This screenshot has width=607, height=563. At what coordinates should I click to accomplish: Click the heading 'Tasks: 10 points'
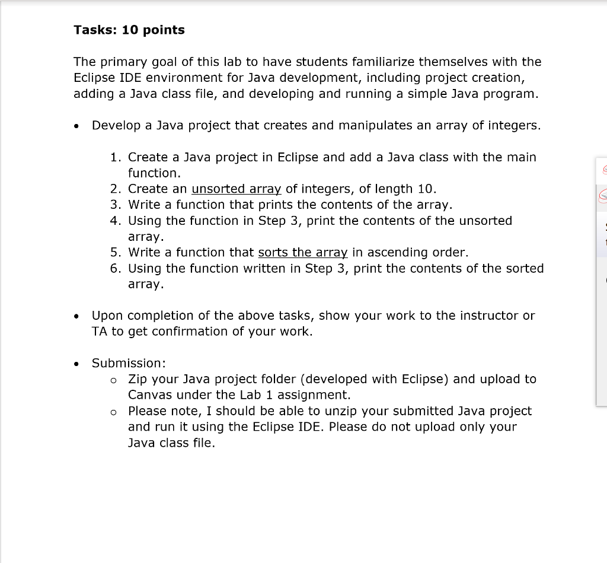click(x=129, y=30)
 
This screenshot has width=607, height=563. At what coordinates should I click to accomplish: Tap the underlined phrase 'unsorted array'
click(x=237, y=189)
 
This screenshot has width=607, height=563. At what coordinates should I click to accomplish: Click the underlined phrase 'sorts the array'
click(x=303, y=253)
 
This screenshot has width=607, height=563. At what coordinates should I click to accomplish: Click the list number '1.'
click(x=117, y=158)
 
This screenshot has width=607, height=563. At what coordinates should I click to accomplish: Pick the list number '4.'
click(x=116, y=221)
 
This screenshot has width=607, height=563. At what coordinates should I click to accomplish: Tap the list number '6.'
click(x=116, y=269)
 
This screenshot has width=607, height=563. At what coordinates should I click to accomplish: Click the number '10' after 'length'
click(x=426, y=189)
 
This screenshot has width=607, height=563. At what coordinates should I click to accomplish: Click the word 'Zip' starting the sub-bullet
click(x=138, y=379)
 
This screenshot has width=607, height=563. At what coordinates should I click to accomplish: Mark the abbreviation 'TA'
click(x=100, y=332)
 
